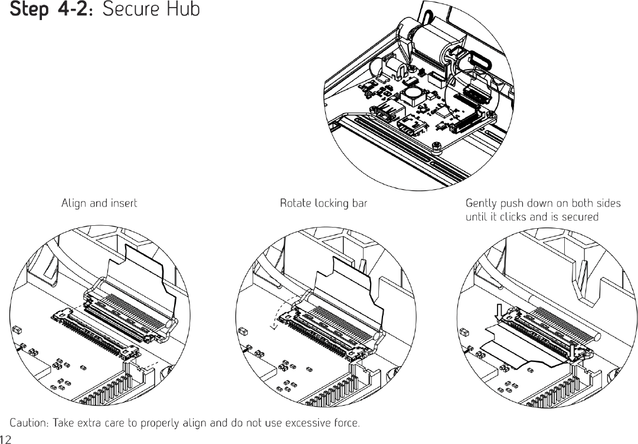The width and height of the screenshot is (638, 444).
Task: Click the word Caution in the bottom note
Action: click(30, 423)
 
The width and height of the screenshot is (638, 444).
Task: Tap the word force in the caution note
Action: click(347, 423)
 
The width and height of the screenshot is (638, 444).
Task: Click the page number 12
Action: click(6, 439)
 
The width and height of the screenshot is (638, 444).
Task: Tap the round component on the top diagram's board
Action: click(412, 93)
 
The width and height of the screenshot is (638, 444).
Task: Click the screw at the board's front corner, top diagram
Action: click(436, 145)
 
